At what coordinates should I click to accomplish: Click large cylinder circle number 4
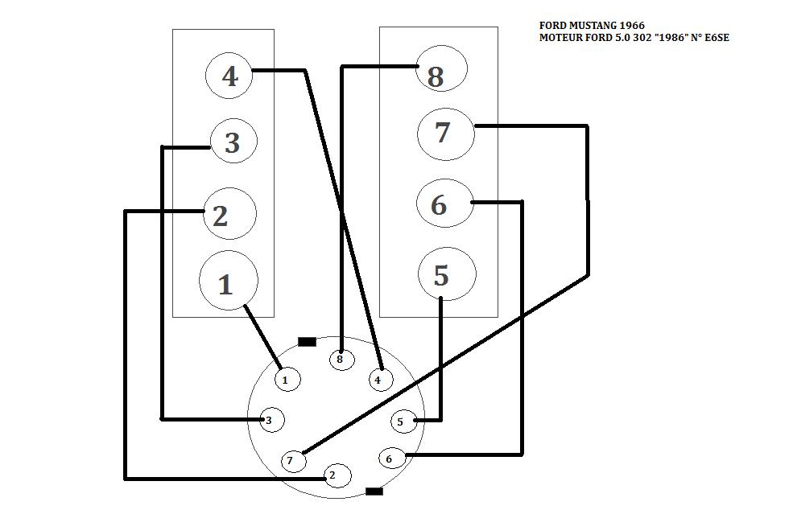click(229, 76)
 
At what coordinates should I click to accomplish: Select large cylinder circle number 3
click(233, 142)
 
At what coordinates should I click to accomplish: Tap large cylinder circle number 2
click(229, 215)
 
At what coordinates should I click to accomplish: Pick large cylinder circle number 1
click(228, 282)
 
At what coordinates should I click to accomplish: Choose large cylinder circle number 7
click(445, 133)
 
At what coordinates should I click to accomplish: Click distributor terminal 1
click(286, 379)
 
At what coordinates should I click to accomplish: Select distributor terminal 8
click(341, 359)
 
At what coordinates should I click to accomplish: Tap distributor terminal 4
click(380, 379)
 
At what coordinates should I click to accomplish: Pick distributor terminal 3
click(271, 420)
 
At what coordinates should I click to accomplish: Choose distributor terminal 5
click(403, 421)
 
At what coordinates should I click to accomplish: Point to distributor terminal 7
click(291, 461)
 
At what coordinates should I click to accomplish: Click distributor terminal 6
click(390, 459)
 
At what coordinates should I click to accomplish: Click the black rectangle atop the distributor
click(307, 342)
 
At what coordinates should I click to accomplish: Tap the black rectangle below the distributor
click(374, 491)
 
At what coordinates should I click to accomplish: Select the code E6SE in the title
click(714, 38)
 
